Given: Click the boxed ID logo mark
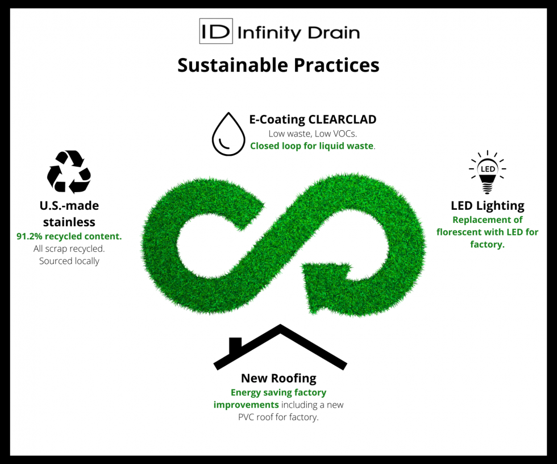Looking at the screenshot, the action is (x=216, y=31).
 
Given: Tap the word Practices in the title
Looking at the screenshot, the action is (x=336, y=65).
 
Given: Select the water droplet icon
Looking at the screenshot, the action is (x=228, y=134).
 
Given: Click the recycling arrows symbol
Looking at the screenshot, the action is (x=69, y=172).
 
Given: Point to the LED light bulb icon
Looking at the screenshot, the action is (x=488, y=172).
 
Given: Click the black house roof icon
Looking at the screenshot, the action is (x=280, y=347).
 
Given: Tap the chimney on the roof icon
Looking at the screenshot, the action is (x=235, y=345).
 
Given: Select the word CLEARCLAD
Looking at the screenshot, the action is (x=342, y=119).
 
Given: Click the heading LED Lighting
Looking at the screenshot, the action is (x=488, y=206).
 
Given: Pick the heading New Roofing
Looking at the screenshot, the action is (x=278, y=378).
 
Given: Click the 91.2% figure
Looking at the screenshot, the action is (x=29, y=236).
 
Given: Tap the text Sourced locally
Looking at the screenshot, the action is (x=69, y=261).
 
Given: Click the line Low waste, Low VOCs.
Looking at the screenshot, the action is (x=313, y=134).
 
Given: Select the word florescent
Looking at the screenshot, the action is (x=459, y=232).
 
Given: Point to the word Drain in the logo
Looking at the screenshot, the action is (x=334, y=32).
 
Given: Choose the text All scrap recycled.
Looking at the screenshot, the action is (x=69, y=248).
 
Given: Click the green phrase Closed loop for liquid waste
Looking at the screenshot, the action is (x=312, y=146).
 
